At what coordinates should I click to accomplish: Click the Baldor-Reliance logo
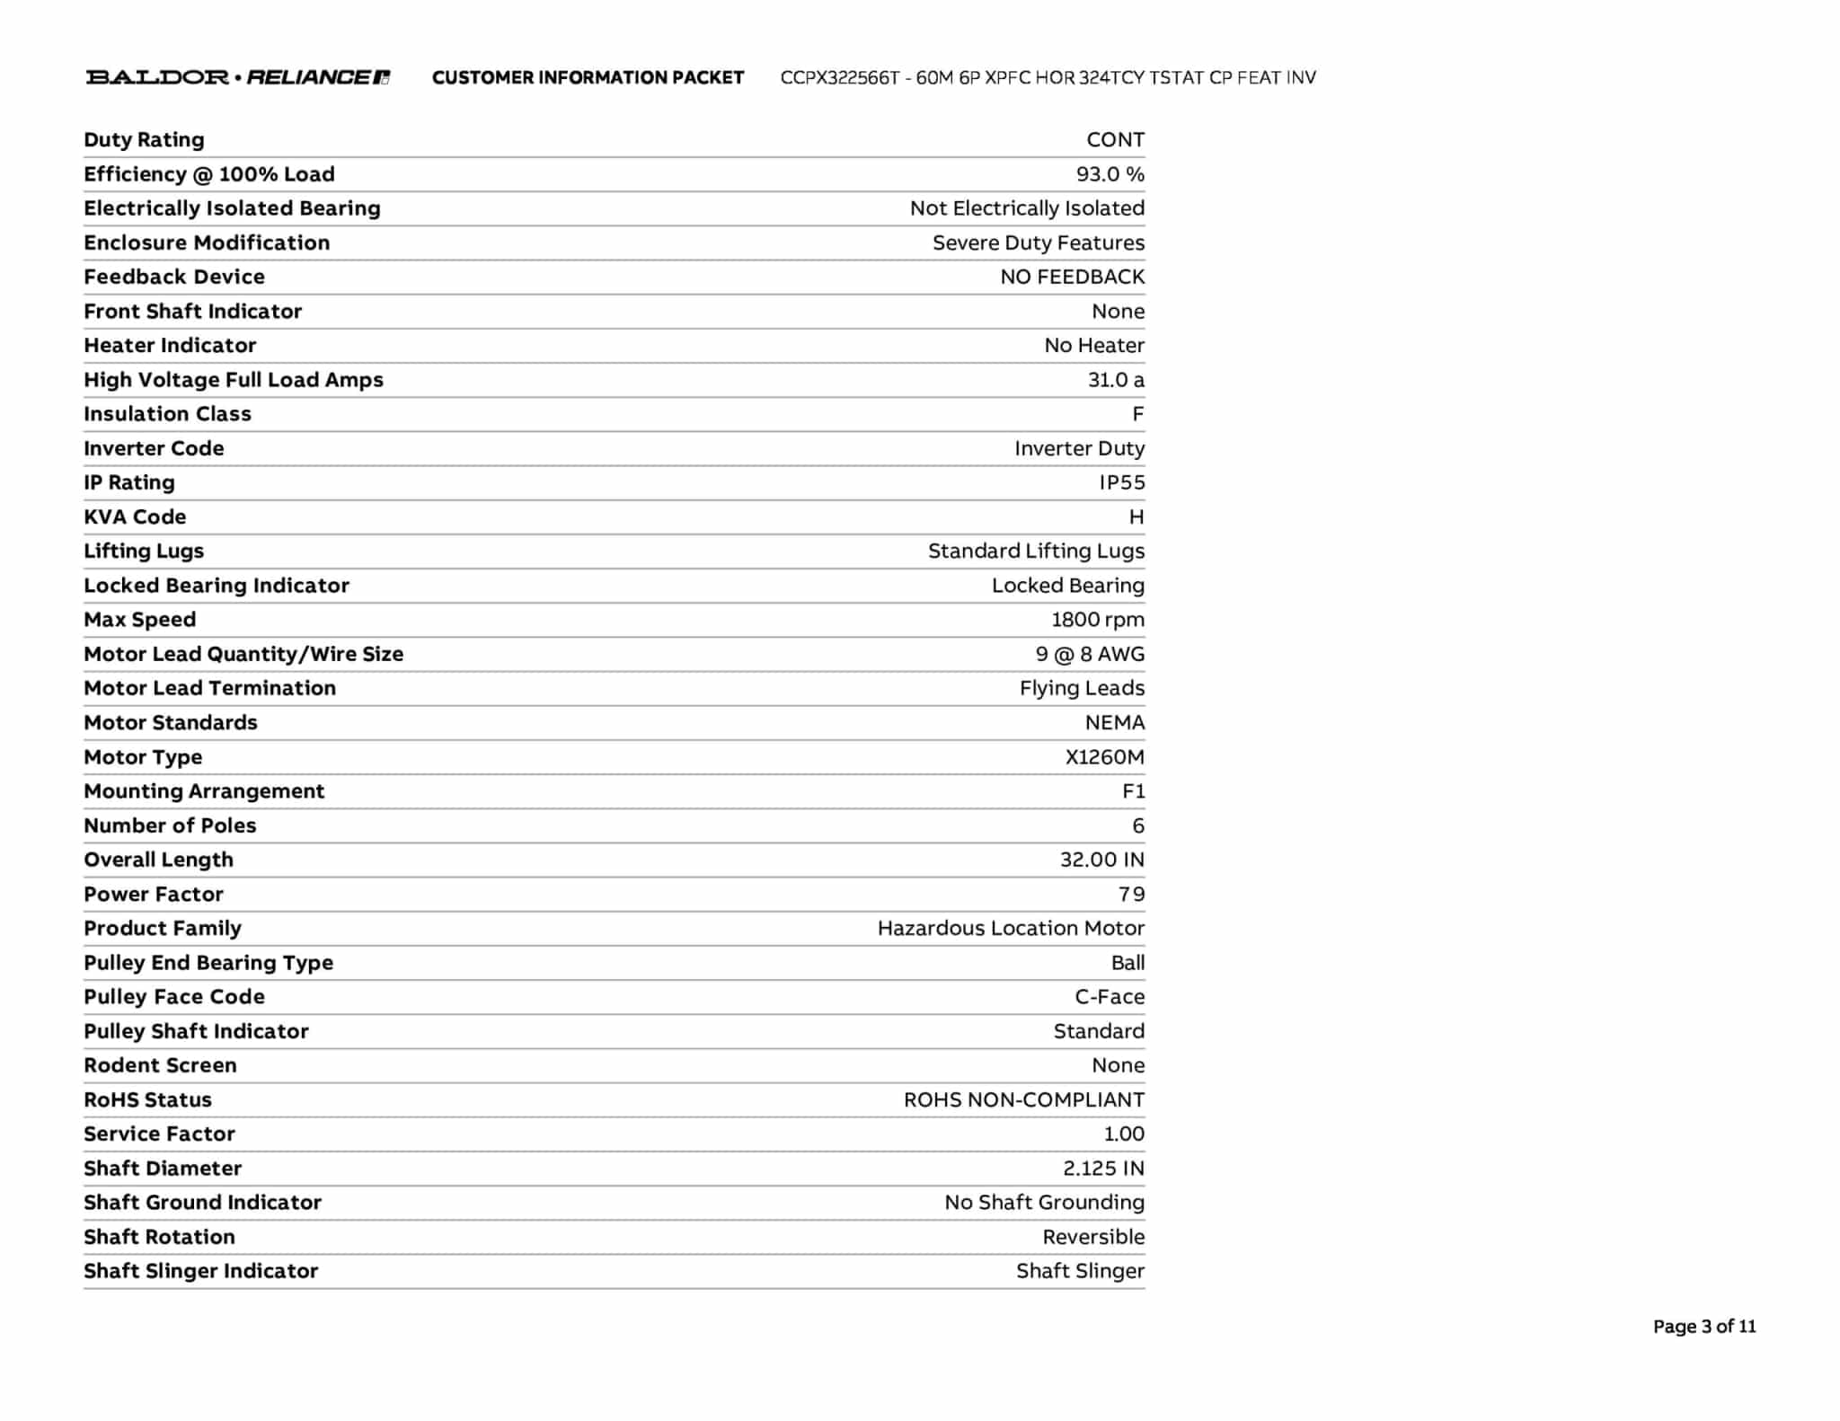coord(238,77)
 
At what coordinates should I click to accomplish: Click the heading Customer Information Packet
coord(588,78)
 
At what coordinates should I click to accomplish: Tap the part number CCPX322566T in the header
coord(839,78)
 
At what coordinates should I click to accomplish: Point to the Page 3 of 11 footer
coord(1703,1327)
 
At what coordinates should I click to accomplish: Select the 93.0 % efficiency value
coord(1110,174)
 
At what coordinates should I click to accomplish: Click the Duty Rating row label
coord(144,140)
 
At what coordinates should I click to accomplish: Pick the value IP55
coord(1121,482)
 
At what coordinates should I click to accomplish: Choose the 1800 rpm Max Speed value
coord(1097,620)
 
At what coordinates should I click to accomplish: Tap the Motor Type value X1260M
coord(1104,757)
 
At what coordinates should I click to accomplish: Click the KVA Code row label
coord(135,517)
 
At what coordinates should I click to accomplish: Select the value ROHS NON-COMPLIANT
coord(1023,1100)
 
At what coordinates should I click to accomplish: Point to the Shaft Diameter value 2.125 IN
coord(1102,1169)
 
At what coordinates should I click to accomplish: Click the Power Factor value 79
coord(1131,895)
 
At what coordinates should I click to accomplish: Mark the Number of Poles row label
coord(170,825)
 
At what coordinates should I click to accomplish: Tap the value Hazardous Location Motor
coord(1011,928)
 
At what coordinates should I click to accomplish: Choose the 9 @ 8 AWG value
coord(1089,654)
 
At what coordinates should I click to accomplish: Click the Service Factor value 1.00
coord(1123,1134)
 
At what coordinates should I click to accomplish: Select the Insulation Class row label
coord(167,414)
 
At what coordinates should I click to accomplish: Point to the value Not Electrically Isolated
coord(1027,208)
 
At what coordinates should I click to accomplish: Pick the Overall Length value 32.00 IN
coord(1101,860)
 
